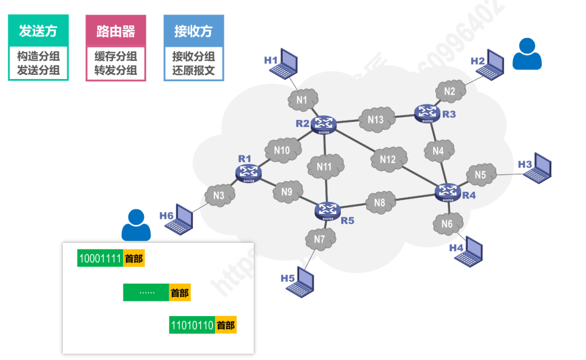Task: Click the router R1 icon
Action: [249, 172]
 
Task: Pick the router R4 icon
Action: [448, 192]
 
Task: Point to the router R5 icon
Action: [328, 210]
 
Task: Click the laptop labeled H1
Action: [287, 62]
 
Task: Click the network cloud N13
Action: [376, 119]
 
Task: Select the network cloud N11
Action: [325, 167]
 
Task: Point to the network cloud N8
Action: [380, 203]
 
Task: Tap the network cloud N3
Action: [219, 196]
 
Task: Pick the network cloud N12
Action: [388, 159]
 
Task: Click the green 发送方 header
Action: [38, 31]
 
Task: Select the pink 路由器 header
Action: [116, 31]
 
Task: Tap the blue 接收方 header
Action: [194, 31]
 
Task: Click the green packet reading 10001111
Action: [100, 258]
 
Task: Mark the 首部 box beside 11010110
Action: [226, 325]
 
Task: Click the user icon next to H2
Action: [526, 54]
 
